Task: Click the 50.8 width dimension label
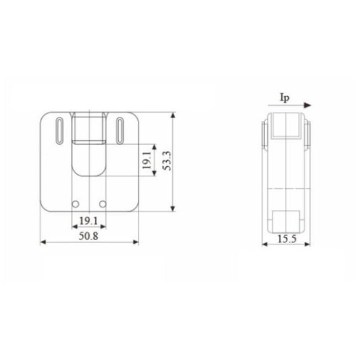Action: click(89, 234)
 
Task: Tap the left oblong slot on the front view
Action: click(58, 130)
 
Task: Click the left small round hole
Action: click(76, 204)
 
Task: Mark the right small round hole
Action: click(103, 204)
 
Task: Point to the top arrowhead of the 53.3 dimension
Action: click(174, 116)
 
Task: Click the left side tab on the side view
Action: click(265, 135)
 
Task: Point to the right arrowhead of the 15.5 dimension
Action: click(308, 244)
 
